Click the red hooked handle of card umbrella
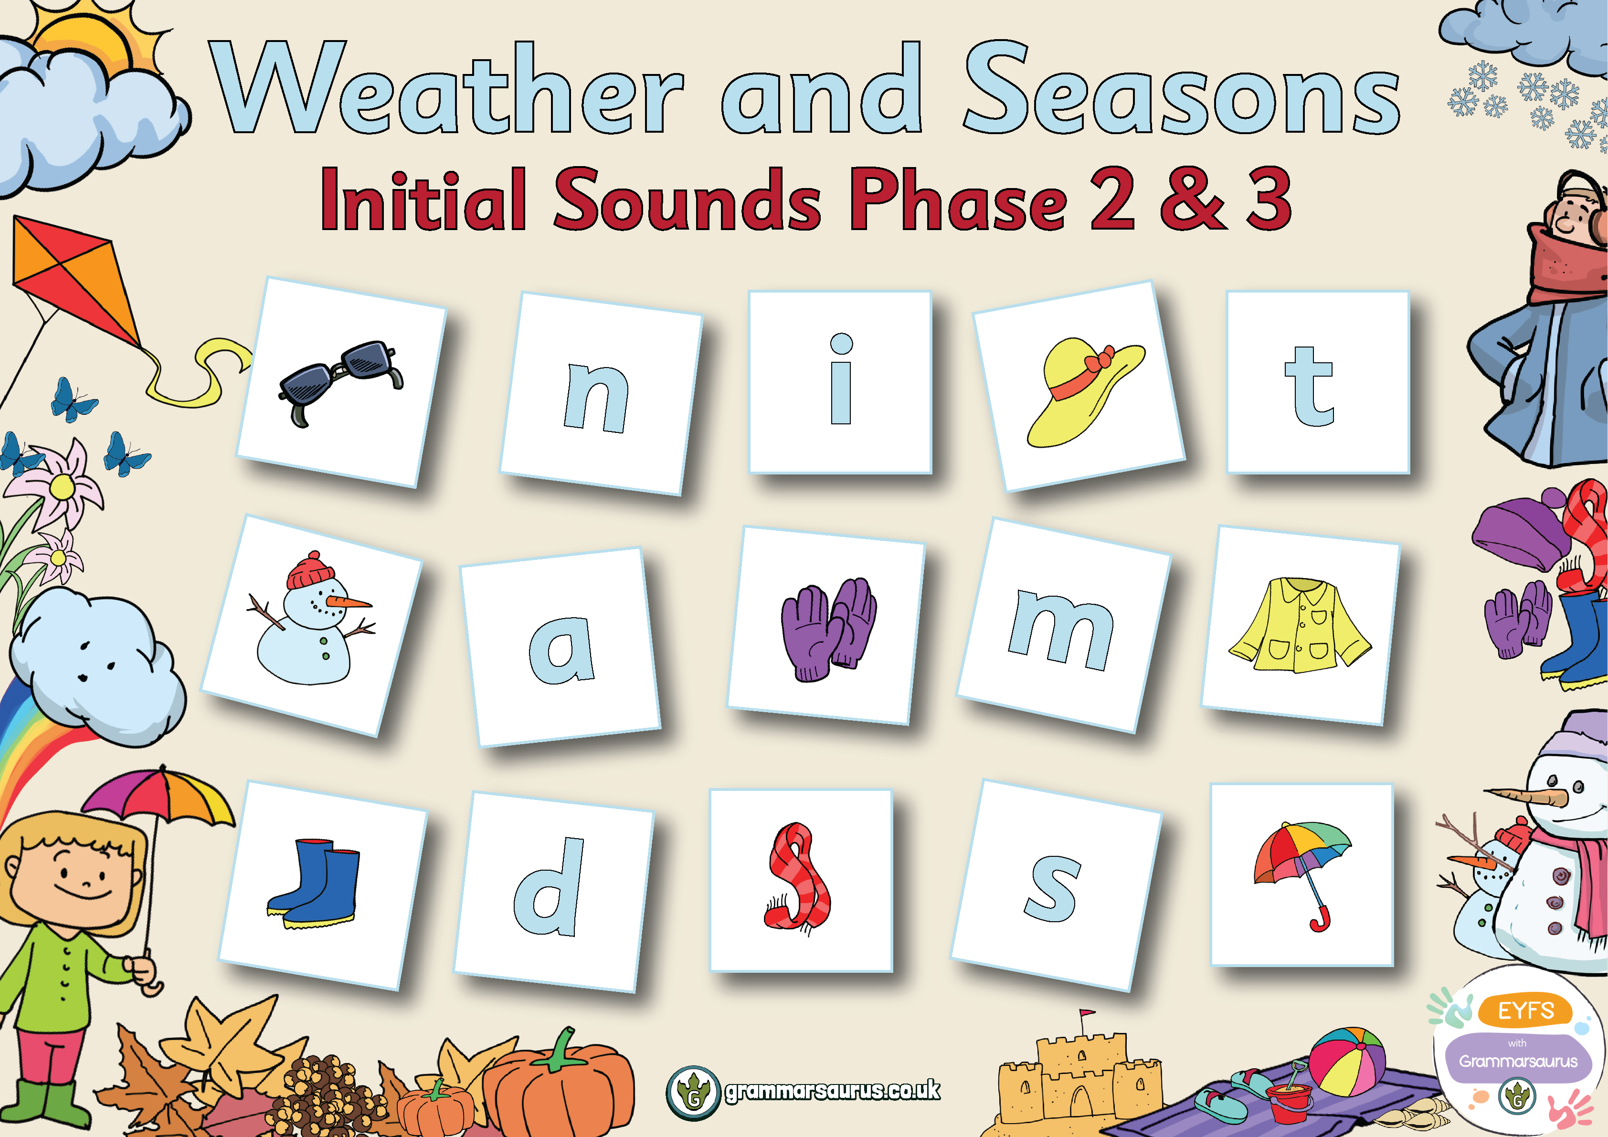coord(1320,921)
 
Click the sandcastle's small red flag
coord(1086,1013)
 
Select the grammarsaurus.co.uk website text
coord(832,1091)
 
